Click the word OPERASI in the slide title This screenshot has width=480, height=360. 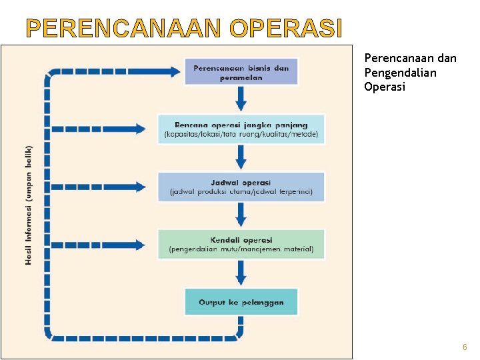[x=285, y=29]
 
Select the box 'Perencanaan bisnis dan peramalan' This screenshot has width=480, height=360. [x=241, y=72]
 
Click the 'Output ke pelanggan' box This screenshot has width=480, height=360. [x=241, y=302]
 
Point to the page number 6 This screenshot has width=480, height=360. [x=465, y=348]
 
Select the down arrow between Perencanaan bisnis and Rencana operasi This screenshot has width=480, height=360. [x=241, y=100]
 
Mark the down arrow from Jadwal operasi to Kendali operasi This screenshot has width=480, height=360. [x=241, y=215]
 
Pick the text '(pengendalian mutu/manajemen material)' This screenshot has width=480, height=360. [x=241, y=250]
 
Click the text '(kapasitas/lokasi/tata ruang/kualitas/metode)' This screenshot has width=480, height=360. [x=241, y=135]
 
